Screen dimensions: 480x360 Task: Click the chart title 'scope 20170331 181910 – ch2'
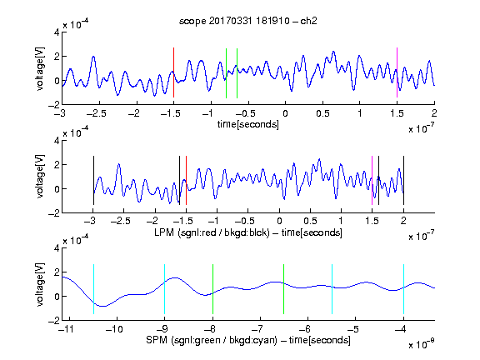point(247,21)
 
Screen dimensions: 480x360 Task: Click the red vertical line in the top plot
point(173,72)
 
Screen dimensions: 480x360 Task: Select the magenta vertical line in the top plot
point(397,72)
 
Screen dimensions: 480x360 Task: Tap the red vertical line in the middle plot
point(186,180)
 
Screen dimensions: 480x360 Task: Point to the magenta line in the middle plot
point(372,180)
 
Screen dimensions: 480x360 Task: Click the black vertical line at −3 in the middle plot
point(93,180)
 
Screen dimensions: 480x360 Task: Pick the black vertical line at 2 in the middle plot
point(403,180)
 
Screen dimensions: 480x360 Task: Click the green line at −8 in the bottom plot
point(212,289)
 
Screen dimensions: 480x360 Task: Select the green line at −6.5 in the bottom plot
point(284,289)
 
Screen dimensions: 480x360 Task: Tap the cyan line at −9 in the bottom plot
point(165,289)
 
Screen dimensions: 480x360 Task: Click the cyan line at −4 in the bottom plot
point(404,289)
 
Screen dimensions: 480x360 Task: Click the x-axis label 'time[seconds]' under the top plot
point(248,124)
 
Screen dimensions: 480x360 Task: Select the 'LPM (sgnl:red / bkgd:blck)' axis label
point(212,232)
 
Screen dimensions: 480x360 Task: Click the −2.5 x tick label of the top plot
point(96,113)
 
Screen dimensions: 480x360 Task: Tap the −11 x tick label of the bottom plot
point(66,329)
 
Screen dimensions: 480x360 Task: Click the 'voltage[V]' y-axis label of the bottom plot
point(40,284)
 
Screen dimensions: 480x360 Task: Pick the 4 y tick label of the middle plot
point(57,141)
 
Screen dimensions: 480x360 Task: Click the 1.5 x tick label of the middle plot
point(372,221)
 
